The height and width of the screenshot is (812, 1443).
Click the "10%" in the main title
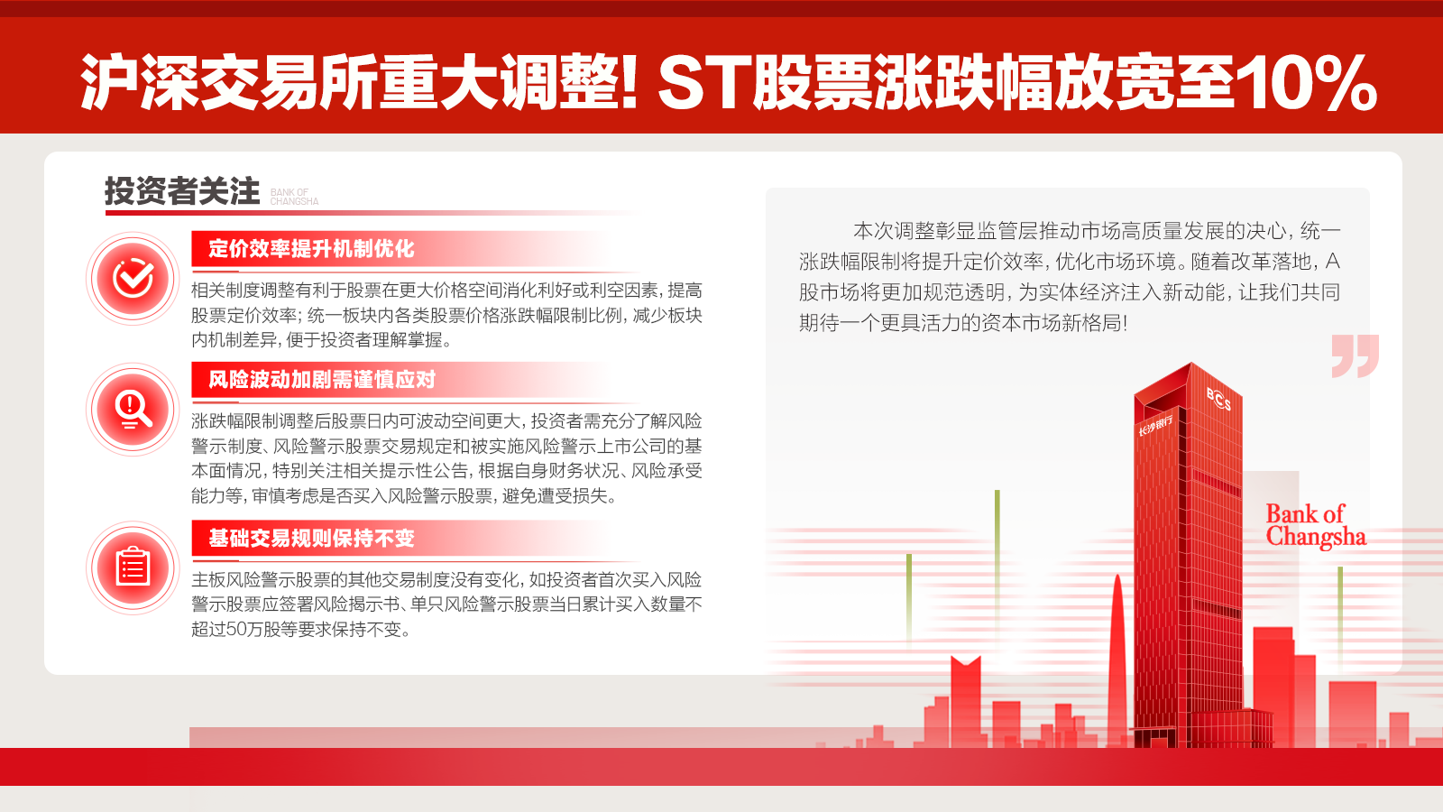pyautogui.click(x=1305, y=83)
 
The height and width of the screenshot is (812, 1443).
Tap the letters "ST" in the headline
pyautogui.click(x=703, y=83)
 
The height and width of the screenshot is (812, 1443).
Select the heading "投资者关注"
pyautogui.click(x=182, y=191)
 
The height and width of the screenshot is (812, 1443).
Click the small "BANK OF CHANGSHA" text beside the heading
pyautogui.click(x=294, y=197)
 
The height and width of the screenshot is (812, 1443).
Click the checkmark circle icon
pyautogui.click(x=133, y=279)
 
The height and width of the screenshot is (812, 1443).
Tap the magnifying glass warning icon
pyautogui.click(x=133, y=410)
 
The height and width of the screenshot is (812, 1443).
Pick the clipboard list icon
pyautogui.click(x=133, y=567)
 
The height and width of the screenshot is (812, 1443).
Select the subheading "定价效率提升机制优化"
pyautogui.click(x=311, y=249)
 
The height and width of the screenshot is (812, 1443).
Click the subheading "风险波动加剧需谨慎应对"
pyautogui.click(x=322, y=380)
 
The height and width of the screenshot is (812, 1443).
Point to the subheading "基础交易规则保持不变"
pyautogui.click(x=311, y=539)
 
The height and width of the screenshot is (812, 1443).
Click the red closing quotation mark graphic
pyautogui.click(x=1355, y=355)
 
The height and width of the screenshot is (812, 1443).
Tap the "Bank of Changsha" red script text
pyautogui.click(x=1315, y=525)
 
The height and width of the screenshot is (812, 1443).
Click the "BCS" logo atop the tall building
pyautogui.click(x=1218, y=398)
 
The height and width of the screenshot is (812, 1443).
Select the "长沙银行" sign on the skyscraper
pyautogui.click(x=1155, y=425)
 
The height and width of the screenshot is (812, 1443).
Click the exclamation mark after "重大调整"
pyautogui.click(x=629, y=83)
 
